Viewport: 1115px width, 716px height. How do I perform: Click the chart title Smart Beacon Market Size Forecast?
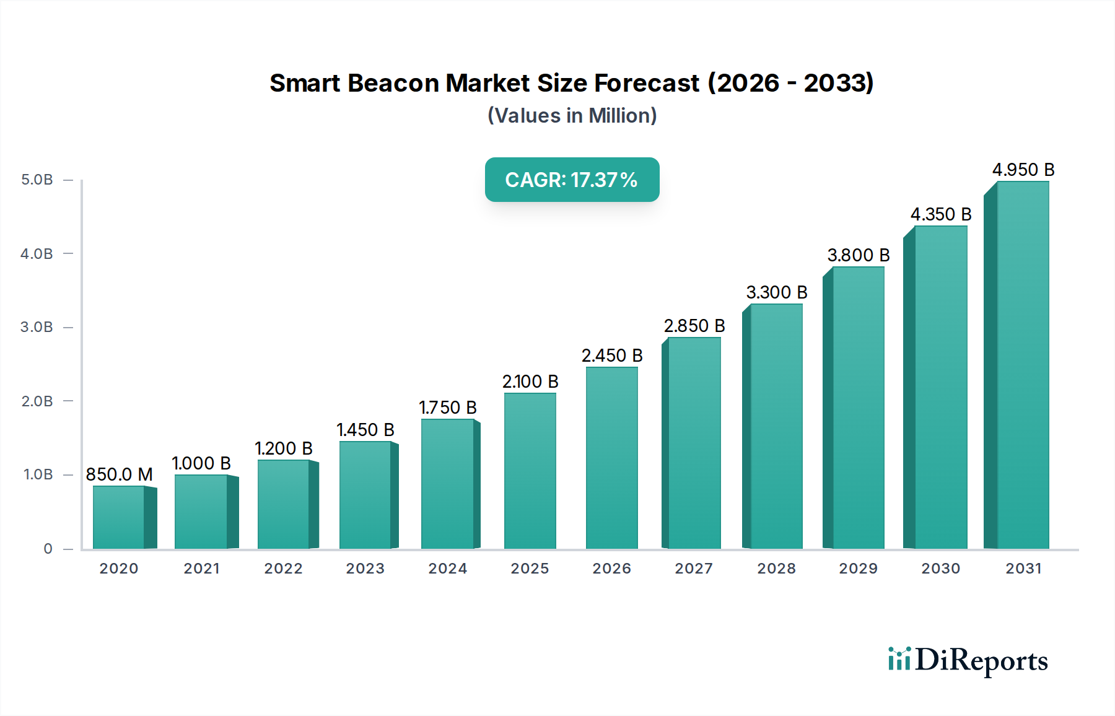(x=571, y=83)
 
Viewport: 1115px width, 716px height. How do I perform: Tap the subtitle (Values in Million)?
(x=572, y=116)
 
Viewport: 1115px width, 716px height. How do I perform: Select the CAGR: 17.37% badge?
(x=572, y=180)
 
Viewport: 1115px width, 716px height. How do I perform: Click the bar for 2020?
(x=119, y=517)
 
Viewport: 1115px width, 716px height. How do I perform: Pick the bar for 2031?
(x=1022, y=365)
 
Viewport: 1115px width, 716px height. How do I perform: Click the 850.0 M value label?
(x=119, y=474)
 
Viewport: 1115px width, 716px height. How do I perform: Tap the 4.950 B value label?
(x=1023, y=170)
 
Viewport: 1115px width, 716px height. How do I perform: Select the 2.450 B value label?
(x=611, y=356)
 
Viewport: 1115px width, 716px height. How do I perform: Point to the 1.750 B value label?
(x=447, y=408)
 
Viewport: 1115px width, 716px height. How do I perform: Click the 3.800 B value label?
(x=858, y=255)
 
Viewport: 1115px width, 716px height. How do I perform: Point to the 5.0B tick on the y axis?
(x=37, y=180)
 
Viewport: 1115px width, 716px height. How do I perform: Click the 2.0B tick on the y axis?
(x=37, y=401)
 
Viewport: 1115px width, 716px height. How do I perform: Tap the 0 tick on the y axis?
(x=48, y=548)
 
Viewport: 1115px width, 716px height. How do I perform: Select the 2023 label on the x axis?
(x=365, y=568)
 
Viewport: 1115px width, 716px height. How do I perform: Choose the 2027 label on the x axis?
(x=693, y=568)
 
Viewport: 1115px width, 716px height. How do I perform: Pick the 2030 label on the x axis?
(x=940, y=568)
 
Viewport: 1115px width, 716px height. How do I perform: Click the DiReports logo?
(x=968, y=660)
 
